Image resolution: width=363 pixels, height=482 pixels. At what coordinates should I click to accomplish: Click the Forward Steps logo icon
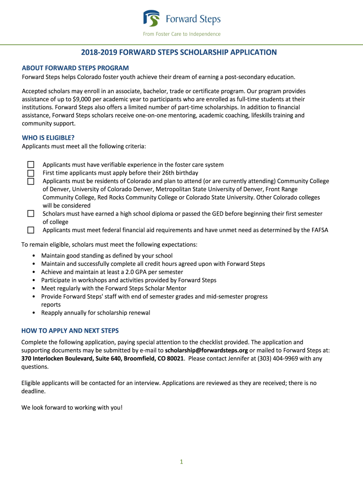[152, 19]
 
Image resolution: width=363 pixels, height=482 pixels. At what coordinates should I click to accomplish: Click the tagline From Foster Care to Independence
[182, 34]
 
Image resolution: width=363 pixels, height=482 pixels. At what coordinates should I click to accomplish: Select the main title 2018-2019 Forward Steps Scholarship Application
[181, 52]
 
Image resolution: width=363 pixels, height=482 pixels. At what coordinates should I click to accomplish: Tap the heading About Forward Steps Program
[75, 68]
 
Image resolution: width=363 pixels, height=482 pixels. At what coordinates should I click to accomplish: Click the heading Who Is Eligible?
[48, 138]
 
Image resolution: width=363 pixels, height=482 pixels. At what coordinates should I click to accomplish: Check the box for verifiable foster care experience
[31, 165]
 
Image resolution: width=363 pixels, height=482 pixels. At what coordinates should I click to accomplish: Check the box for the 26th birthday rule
[31, 173]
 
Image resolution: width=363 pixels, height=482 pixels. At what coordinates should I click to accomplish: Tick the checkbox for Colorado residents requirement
[31, 181]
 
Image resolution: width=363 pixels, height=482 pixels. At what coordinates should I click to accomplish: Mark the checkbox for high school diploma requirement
[31, 214]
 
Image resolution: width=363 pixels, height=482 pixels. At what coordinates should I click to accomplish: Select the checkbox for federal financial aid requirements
[31, 230]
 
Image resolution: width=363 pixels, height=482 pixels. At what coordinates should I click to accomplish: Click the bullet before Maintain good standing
[34, 256]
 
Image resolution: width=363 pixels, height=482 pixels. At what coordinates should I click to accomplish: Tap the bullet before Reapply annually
[34, 313]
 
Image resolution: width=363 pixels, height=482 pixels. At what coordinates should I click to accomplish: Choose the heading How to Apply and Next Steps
[70, 330]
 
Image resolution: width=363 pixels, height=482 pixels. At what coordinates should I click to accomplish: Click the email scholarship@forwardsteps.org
[206, 351]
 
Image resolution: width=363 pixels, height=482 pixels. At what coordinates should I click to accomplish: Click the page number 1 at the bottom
[181, 462]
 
